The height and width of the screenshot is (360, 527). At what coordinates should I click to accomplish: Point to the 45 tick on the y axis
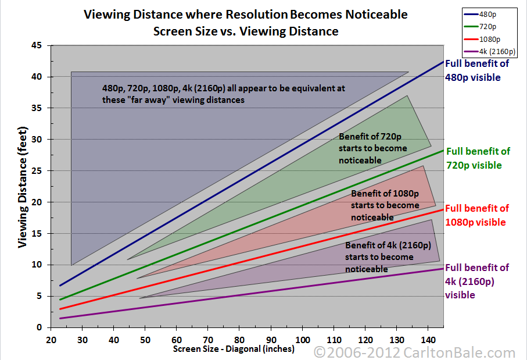[38, 45]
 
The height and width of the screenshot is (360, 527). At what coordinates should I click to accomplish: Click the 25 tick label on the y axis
[38, 171]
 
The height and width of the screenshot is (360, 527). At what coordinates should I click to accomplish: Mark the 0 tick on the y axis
[40, 327]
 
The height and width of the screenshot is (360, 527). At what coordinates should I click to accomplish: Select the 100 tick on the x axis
[302, 339]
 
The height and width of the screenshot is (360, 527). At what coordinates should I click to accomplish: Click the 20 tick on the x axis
[51, 339]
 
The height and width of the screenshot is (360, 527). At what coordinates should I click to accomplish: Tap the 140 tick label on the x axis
[428, 339]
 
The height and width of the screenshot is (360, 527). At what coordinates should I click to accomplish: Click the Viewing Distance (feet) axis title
[23, 186]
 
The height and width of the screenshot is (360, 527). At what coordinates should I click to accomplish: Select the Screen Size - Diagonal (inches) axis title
[234, 350]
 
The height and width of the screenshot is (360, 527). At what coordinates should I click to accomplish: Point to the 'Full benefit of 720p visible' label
[477, 158]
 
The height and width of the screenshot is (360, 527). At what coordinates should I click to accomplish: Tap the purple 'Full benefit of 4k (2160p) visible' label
[476, 281]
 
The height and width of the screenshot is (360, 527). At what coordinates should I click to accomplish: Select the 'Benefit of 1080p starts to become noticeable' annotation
[385, 205]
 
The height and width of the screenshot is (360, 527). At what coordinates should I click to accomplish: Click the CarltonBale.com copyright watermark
[414, 352]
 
